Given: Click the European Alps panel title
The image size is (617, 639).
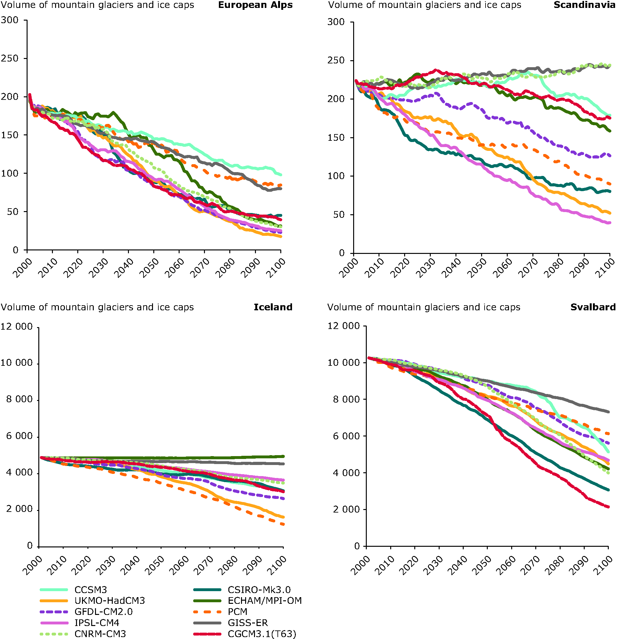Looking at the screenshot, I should point(255,5).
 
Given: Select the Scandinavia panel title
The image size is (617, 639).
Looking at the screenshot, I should point(584,5).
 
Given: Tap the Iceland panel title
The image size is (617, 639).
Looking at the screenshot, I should point(273,307).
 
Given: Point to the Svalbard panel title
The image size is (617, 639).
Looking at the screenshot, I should point(593,307).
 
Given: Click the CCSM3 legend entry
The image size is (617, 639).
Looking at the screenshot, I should point(91,590).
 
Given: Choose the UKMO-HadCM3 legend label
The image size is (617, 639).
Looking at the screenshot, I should point(110,601).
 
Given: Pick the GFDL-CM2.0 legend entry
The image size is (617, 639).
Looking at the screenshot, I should point(103,612).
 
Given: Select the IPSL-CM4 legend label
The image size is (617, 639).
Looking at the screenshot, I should point(97,623).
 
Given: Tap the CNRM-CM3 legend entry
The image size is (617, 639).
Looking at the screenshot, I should point(100,634).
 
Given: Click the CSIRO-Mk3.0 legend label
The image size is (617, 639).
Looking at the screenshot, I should point(259,590).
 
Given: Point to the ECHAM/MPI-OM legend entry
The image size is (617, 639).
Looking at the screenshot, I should point(264,601).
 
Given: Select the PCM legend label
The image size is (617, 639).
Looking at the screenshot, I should point(238,612).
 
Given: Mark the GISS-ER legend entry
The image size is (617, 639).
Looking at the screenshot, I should point(248,623).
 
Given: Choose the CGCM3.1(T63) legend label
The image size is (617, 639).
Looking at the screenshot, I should point(262,634).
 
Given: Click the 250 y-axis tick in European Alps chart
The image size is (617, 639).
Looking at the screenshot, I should point(10,59).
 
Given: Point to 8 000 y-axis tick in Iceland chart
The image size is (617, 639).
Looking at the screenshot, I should point(20,399).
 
